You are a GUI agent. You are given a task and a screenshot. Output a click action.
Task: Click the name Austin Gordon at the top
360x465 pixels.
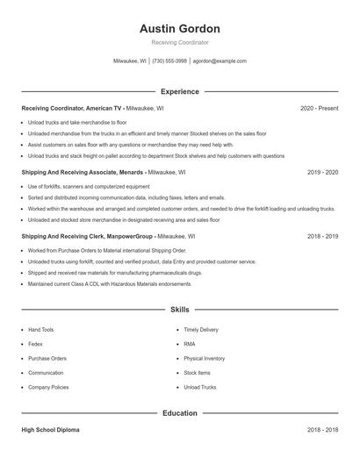(x=180, y=29)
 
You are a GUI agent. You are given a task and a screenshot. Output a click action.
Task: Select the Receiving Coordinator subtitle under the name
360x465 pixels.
(x=180, y=42)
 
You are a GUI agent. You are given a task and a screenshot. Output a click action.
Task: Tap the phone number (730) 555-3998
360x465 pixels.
(x=169, y=61)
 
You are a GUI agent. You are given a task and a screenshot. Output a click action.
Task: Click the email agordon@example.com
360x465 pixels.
(x=220, y=61)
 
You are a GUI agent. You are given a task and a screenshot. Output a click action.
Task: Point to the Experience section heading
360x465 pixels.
(x=180, y=91)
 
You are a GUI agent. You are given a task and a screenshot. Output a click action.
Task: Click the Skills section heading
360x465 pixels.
(x=180, y=310)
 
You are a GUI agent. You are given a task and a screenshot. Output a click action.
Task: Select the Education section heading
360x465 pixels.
(x=180, y=413)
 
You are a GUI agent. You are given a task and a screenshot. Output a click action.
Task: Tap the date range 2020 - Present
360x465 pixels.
(x=319, y=108)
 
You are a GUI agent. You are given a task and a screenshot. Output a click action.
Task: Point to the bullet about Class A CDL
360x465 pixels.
(x=110, y=284)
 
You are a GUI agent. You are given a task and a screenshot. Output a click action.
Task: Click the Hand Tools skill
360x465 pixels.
(x=41, y=330)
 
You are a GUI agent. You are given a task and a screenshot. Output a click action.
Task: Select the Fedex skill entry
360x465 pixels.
(x=36, y=344)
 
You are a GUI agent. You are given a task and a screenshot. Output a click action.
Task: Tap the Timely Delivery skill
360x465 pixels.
(x=201, y=330)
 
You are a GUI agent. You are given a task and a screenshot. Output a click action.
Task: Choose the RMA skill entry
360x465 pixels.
(x=190, y=344)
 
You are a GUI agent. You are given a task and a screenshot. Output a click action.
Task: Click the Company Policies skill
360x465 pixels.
(x=49, y=387)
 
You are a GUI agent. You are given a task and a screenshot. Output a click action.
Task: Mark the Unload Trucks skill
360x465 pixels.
(x=199, y=387)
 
